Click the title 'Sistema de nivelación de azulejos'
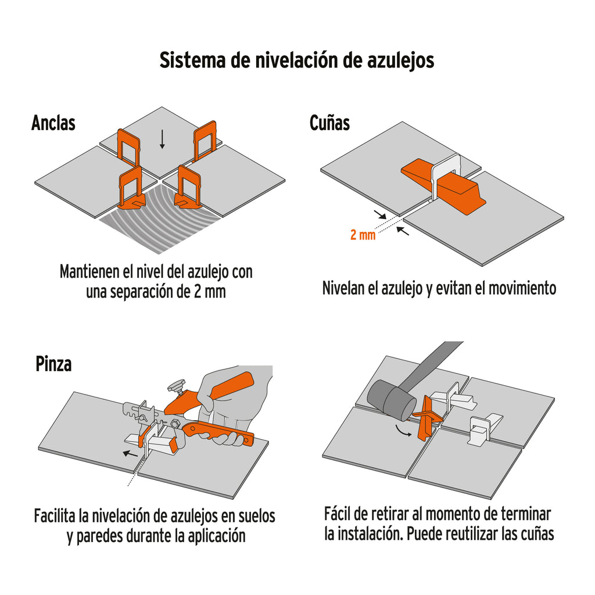tap(297, 60)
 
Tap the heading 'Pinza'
tap(53, 364)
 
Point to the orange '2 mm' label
tap(363, 236)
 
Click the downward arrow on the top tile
tap(162, 138)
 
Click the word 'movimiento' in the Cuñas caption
tap(518, 288)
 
